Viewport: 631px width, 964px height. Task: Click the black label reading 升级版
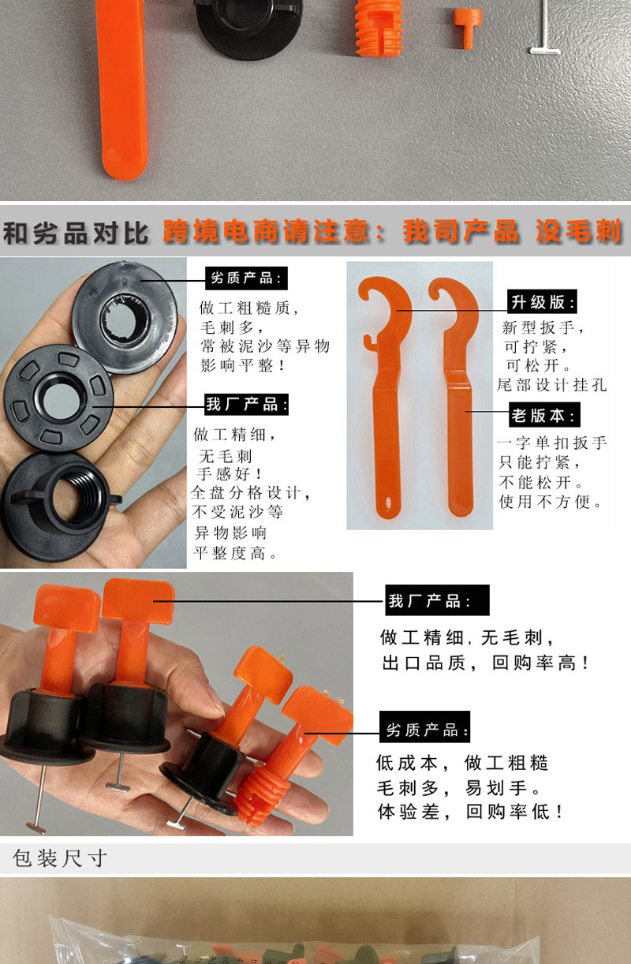point(543,302)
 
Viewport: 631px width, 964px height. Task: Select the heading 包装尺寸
point(60,858)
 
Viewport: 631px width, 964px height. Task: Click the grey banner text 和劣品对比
point(76,233)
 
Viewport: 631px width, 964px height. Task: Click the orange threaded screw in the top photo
point(380,28)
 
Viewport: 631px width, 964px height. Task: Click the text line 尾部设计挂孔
point(552,385)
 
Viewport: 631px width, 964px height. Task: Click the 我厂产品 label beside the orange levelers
point(438,601)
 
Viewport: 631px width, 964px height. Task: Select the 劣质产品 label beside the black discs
point(246,278)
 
